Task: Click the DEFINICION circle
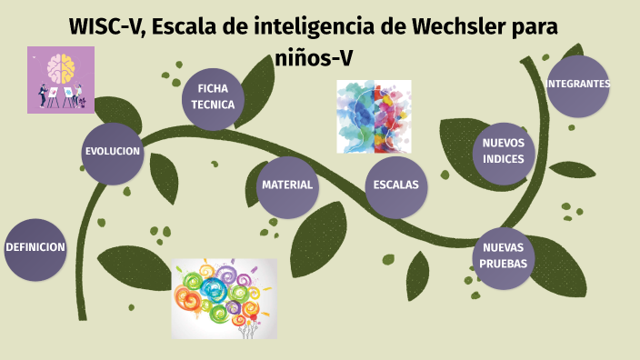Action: click(x=35, y=248)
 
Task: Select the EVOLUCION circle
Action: click(x=113, y=152)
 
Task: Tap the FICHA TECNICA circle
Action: click(x=213, y=96)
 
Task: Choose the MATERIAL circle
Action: click(x=287, y=185)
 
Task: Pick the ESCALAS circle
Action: click(x=396, y=185)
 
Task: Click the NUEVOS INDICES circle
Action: click(x=503, y=152)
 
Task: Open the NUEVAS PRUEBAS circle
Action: click(x=503, y=256)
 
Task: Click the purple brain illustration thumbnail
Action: click(x=61, y=80)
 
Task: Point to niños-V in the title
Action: click(x=314, y=57)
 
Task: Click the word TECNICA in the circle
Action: click(x=213, y=105)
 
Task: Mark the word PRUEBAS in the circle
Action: click(x=503, y=265)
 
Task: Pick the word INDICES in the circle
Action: click(x=503, y=160)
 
